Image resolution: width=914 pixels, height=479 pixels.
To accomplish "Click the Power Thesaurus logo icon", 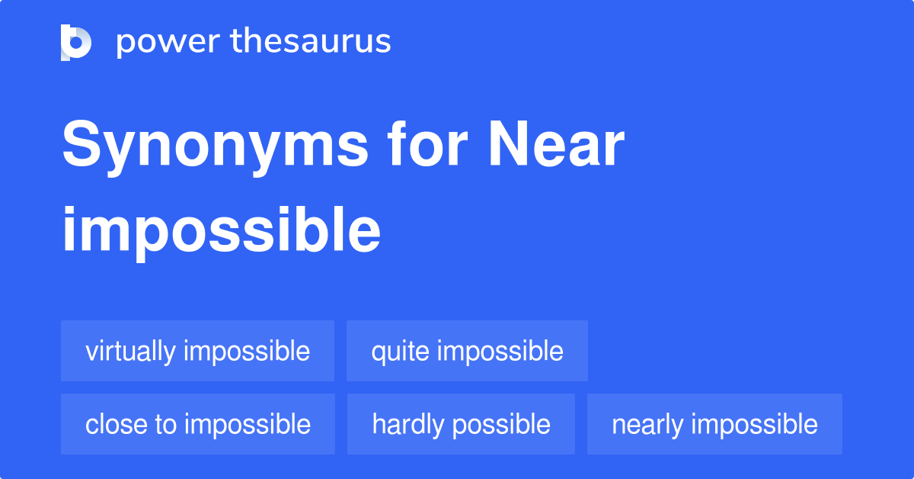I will (76, 42).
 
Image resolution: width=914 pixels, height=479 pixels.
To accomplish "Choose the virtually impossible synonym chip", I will (197, 351).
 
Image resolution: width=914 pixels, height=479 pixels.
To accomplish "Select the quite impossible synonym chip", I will (467, 351).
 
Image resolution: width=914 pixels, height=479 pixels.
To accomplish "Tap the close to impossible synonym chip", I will (197, 424).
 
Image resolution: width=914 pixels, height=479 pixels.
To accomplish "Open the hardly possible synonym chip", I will (461, 424).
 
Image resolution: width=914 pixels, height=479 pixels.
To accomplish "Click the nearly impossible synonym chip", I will (714, 424).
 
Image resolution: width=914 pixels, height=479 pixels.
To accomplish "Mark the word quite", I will (401, 352).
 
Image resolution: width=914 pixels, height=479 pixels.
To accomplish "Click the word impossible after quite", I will (500, 352).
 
